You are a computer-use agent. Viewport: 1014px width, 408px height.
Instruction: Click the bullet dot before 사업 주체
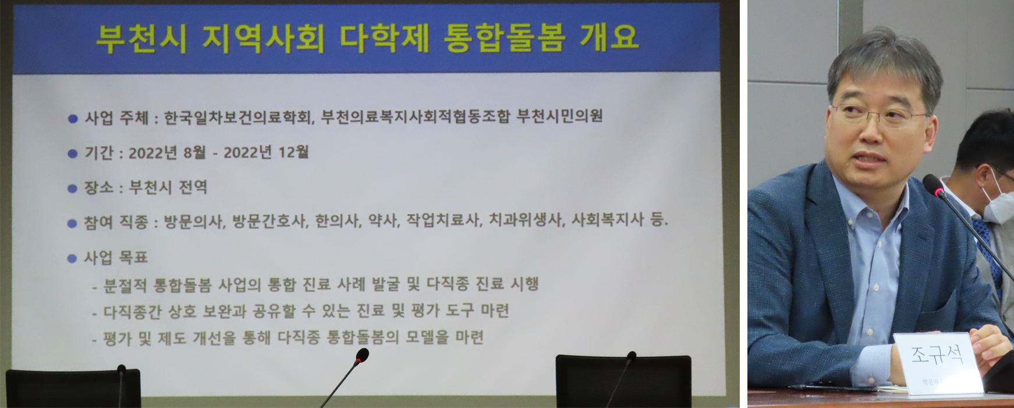click(x=73, y=119)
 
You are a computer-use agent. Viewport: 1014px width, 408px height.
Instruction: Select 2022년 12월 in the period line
click(x=266, y=153)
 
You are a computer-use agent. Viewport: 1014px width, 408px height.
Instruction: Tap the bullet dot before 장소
click(x=73, y=189)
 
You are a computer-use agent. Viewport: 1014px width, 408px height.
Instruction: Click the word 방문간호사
click(x=269, y=221)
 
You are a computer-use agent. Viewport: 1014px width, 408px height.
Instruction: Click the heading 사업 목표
click(x=116, y=258)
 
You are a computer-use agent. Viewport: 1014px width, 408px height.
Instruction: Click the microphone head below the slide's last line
click(x=362, y=355)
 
